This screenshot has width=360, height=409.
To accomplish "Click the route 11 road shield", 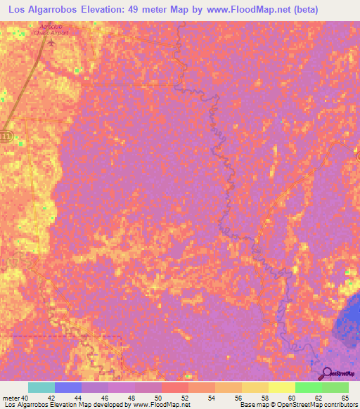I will tap(6, 135).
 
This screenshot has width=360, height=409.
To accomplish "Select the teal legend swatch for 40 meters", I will tap(41, 387).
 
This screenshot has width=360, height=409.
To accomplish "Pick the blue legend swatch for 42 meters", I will tap(68, 387).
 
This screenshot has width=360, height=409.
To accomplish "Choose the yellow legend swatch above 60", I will tap(281, 387).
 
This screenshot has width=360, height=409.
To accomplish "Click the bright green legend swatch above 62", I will tap(308, 387).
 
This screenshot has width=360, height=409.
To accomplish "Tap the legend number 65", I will tap(345, 398).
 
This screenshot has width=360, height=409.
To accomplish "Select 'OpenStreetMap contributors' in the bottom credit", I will tap(320, 405).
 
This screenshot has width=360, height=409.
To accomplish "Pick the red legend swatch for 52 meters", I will tap(174, 387).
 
